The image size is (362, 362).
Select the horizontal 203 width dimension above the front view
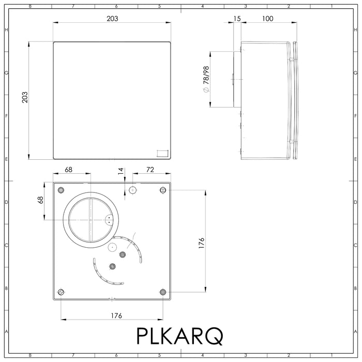(x=112, y=18)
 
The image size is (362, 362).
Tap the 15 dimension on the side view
(x=237, y=18)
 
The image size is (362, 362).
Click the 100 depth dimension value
(x=267, y=18)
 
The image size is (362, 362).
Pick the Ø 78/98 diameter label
(x=205, y=79)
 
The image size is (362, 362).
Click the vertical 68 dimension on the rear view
(x=40, y=200)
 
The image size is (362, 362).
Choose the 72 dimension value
(x=150, y=170)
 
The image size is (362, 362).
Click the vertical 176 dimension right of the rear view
(x=201, y=243)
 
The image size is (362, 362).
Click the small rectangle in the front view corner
(x=162, y=152)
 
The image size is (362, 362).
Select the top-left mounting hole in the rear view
(x=61, y=189)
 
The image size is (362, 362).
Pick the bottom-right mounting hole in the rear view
(x=163, y=292)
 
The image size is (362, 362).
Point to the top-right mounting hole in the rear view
(x=163, y=189)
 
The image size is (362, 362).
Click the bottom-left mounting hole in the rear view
(x=61, y=292)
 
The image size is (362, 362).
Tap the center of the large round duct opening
(x=90, y=219)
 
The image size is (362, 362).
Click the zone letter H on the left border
(x=6, y=30)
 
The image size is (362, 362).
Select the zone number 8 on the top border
(x=30, y=7)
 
